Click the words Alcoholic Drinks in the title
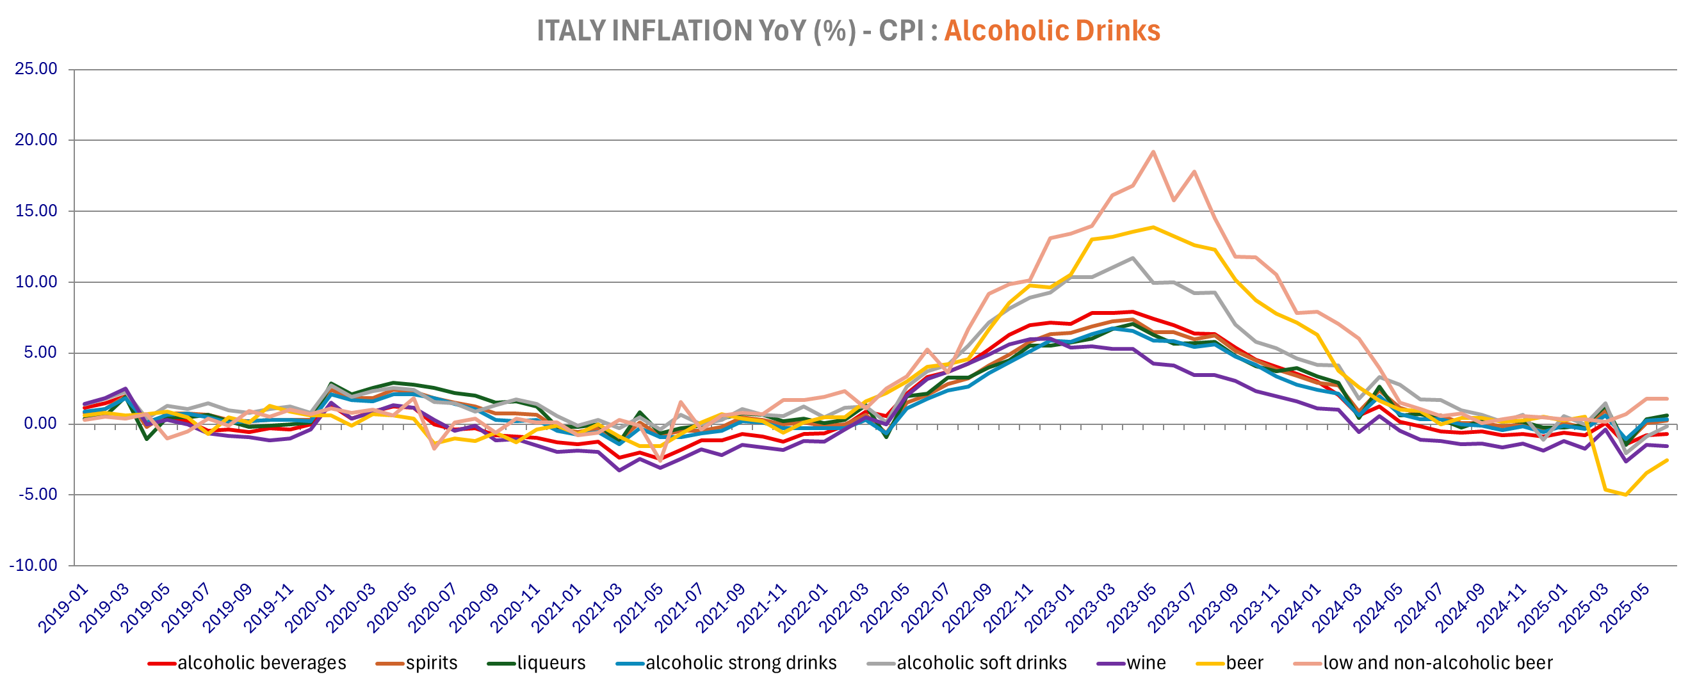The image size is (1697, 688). [x=1051, y=31]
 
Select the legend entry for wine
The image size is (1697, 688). [x=1146, y=662]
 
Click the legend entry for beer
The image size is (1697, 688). [x=1244, y=662]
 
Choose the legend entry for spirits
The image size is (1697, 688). [x=431, y=662]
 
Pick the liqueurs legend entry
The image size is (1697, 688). [x=551, y=662]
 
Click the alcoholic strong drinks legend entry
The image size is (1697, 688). [x=740, y=662]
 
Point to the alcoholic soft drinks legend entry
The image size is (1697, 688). [x=981, y=662]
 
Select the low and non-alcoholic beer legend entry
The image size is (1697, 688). [x=1438, y=662]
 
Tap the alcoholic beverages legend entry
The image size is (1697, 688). [x=261, y=662]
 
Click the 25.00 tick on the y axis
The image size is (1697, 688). [x=37, y=68]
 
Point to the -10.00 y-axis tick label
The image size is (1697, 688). [x=33, y=565]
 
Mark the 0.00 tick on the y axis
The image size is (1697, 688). [x=40, y=423]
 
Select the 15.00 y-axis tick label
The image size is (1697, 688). [x=37, y=211]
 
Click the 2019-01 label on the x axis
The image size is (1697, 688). [x=63, y=609]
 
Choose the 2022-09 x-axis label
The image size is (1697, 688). [x=967, y=609]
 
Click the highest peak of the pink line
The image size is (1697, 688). [x=1153, y=152]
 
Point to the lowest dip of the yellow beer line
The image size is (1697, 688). [x=1626, y=495]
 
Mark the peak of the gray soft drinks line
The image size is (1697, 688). [x=1132, y=258]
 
